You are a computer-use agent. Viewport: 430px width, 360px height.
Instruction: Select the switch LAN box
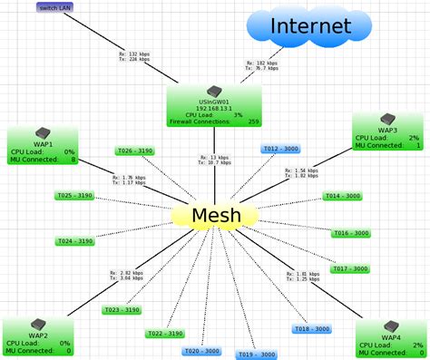click(54, 7)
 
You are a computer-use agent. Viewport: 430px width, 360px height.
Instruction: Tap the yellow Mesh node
click(215, 216)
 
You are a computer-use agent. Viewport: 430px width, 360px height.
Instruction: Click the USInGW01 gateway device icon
click(214, 91)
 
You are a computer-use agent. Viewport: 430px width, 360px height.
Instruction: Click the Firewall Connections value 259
click(252, 121)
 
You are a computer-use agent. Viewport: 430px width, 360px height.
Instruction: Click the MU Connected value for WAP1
click(72, 160)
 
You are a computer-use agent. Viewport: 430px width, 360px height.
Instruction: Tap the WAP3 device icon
click(386, 119)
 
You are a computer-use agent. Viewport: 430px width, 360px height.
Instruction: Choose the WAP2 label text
click(38, 336)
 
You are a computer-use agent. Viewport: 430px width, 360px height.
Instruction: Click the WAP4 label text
click(391, 337)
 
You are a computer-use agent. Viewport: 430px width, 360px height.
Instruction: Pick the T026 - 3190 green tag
click(136, 151)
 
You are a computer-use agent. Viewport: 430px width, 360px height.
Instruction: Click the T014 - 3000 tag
click(342, 196)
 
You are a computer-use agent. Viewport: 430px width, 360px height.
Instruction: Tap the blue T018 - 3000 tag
click(313, 329)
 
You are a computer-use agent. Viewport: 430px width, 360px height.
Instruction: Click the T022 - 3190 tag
click(166, 334)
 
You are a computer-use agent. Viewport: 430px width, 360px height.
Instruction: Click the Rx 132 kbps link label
click(140, 56)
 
